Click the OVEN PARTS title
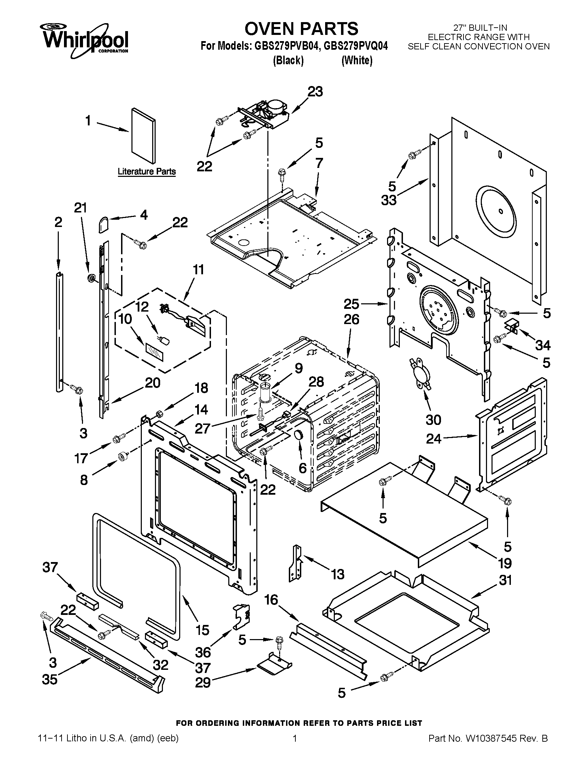point(301,29)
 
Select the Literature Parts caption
point(146,171)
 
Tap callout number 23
point(315,92)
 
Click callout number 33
point(388,200)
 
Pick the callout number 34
point(542,345)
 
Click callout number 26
point(351,320)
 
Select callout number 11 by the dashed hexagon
point(198,270)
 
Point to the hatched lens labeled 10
point(154,352)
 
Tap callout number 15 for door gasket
point(203,630)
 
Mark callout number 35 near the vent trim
point(49,679)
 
